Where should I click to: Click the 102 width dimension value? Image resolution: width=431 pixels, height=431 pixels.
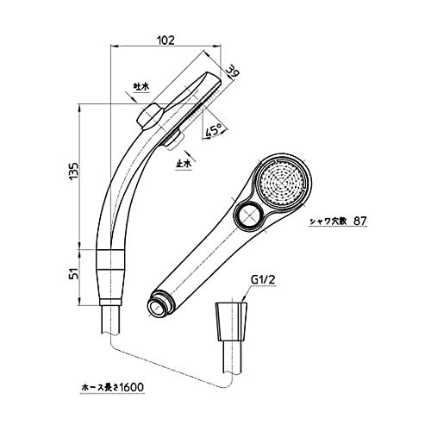[166, 40]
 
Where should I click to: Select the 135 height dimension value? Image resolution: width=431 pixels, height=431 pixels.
[74, 172]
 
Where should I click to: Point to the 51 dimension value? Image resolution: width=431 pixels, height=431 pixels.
[74, 273]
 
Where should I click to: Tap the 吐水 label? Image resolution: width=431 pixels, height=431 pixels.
[141, 86]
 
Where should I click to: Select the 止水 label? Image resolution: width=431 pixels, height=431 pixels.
[184, 164]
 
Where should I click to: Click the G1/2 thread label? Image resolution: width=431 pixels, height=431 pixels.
[263, 280]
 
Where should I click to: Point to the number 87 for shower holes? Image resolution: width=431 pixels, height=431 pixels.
[360, 221]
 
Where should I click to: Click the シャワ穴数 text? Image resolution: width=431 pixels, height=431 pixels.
[328, 222]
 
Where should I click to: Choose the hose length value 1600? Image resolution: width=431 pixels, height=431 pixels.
[131, 387]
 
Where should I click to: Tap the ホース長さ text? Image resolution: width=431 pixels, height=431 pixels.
[99, 387]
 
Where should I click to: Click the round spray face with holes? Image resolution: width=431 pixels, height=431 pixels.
[284, 182]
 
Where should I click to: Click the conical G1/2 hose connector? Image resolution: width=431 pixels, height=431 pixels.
[231, 322]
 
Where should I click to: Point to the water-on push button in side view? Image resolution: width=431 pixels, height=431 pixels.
[149, 117]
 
